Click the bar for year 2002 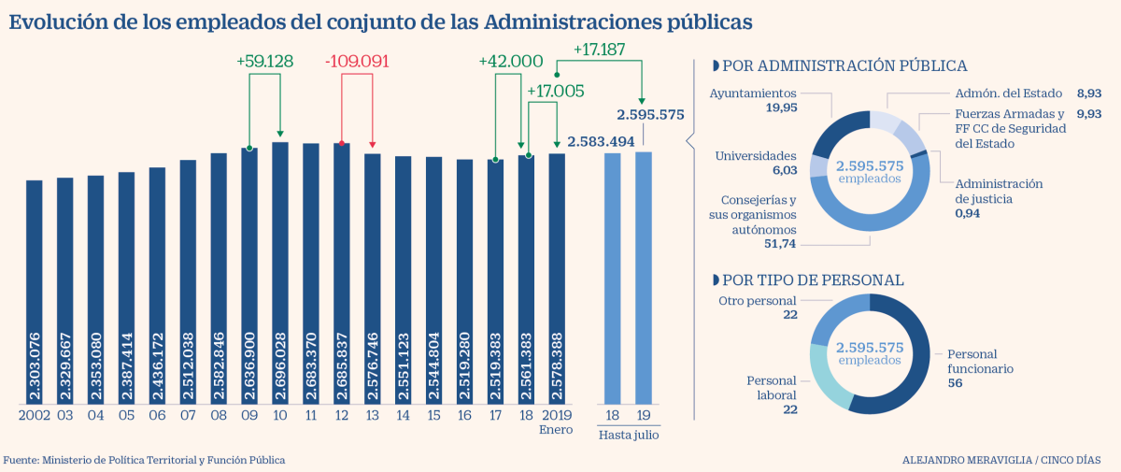[35, 290]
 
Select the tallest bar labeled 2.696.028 [280, 271]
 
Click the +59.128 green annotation [264, 61]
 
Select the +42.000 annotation [510, 61]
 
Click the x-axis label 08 [219, 414]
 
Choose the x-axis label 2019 [557, 414]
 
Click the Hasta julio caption [628, 435]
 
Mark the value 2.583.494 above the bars [601, 141]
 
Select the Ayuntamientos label [753, 93]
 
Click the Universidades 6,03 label [755, 163]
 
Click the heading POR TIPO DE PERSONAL [813, 279]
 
